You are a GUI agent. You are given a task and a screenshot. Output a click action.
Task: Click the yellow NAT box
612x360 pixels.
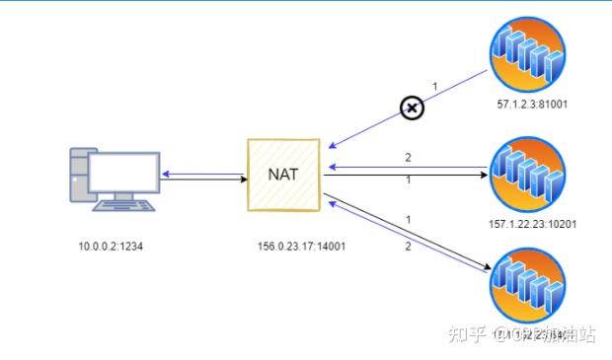[283, 176]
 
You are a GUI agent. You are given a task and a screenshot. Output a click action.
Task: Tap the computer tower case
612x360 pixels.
[82, 178]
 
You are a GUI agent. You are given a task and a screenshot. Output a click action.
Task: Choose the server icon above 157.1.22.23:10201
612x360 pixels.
[528, 174]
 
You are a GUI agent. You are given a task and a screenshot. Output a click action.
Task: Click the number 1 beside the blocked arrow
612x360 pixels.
[434, 87]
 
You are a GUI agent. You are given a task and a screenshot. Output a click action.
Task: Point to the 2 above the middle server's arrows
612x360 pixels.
[407, 156]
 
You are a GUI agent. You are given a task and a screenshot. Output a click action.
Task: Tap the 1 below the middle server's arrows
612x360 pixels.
[407, 180]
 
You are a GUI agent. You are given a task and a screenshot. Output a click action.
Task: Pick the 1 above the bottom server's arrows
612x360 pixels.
[407, 219]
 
